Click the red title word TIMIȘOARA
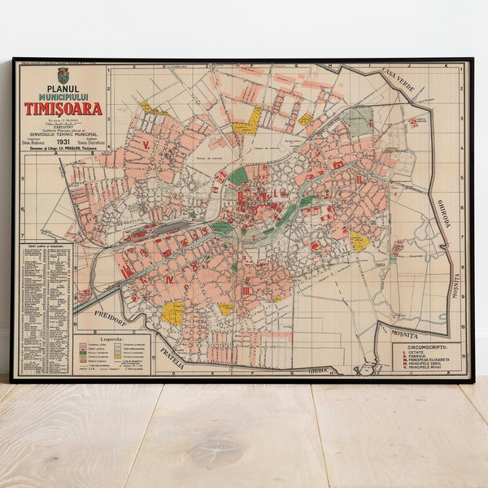pos(63,108)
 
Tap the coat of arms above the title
pos(63,75)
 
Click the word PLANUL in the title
pos(63,88)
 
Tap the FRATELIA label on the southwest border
pos(172,356)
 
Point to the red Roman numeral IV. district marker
pos(168,279)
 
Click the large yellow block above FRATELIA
pos(172,312)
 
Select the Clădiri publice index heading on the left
pos(45,246)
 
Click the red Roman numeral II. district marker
pos(359,179)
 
